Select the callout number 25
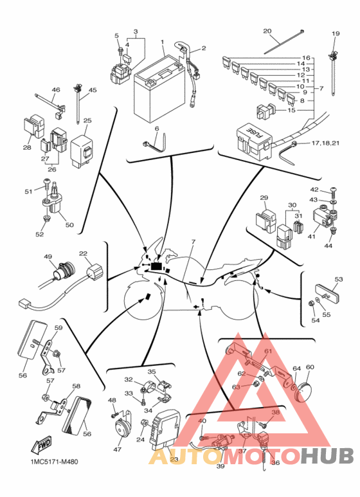[x=87, y=121]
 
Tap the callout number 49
[x=48, y=257]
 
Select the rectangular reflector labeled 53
[x=327, y=293]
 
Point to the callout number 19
[x=336, y=33]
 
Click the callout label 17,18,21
[x=325, y=143]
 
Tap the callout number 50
[x=69, y=225]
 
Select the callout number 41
[x=312, y=237]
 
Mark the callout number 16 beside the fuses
[x=306, y=58]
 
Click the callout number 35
[x=152, y=372]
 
